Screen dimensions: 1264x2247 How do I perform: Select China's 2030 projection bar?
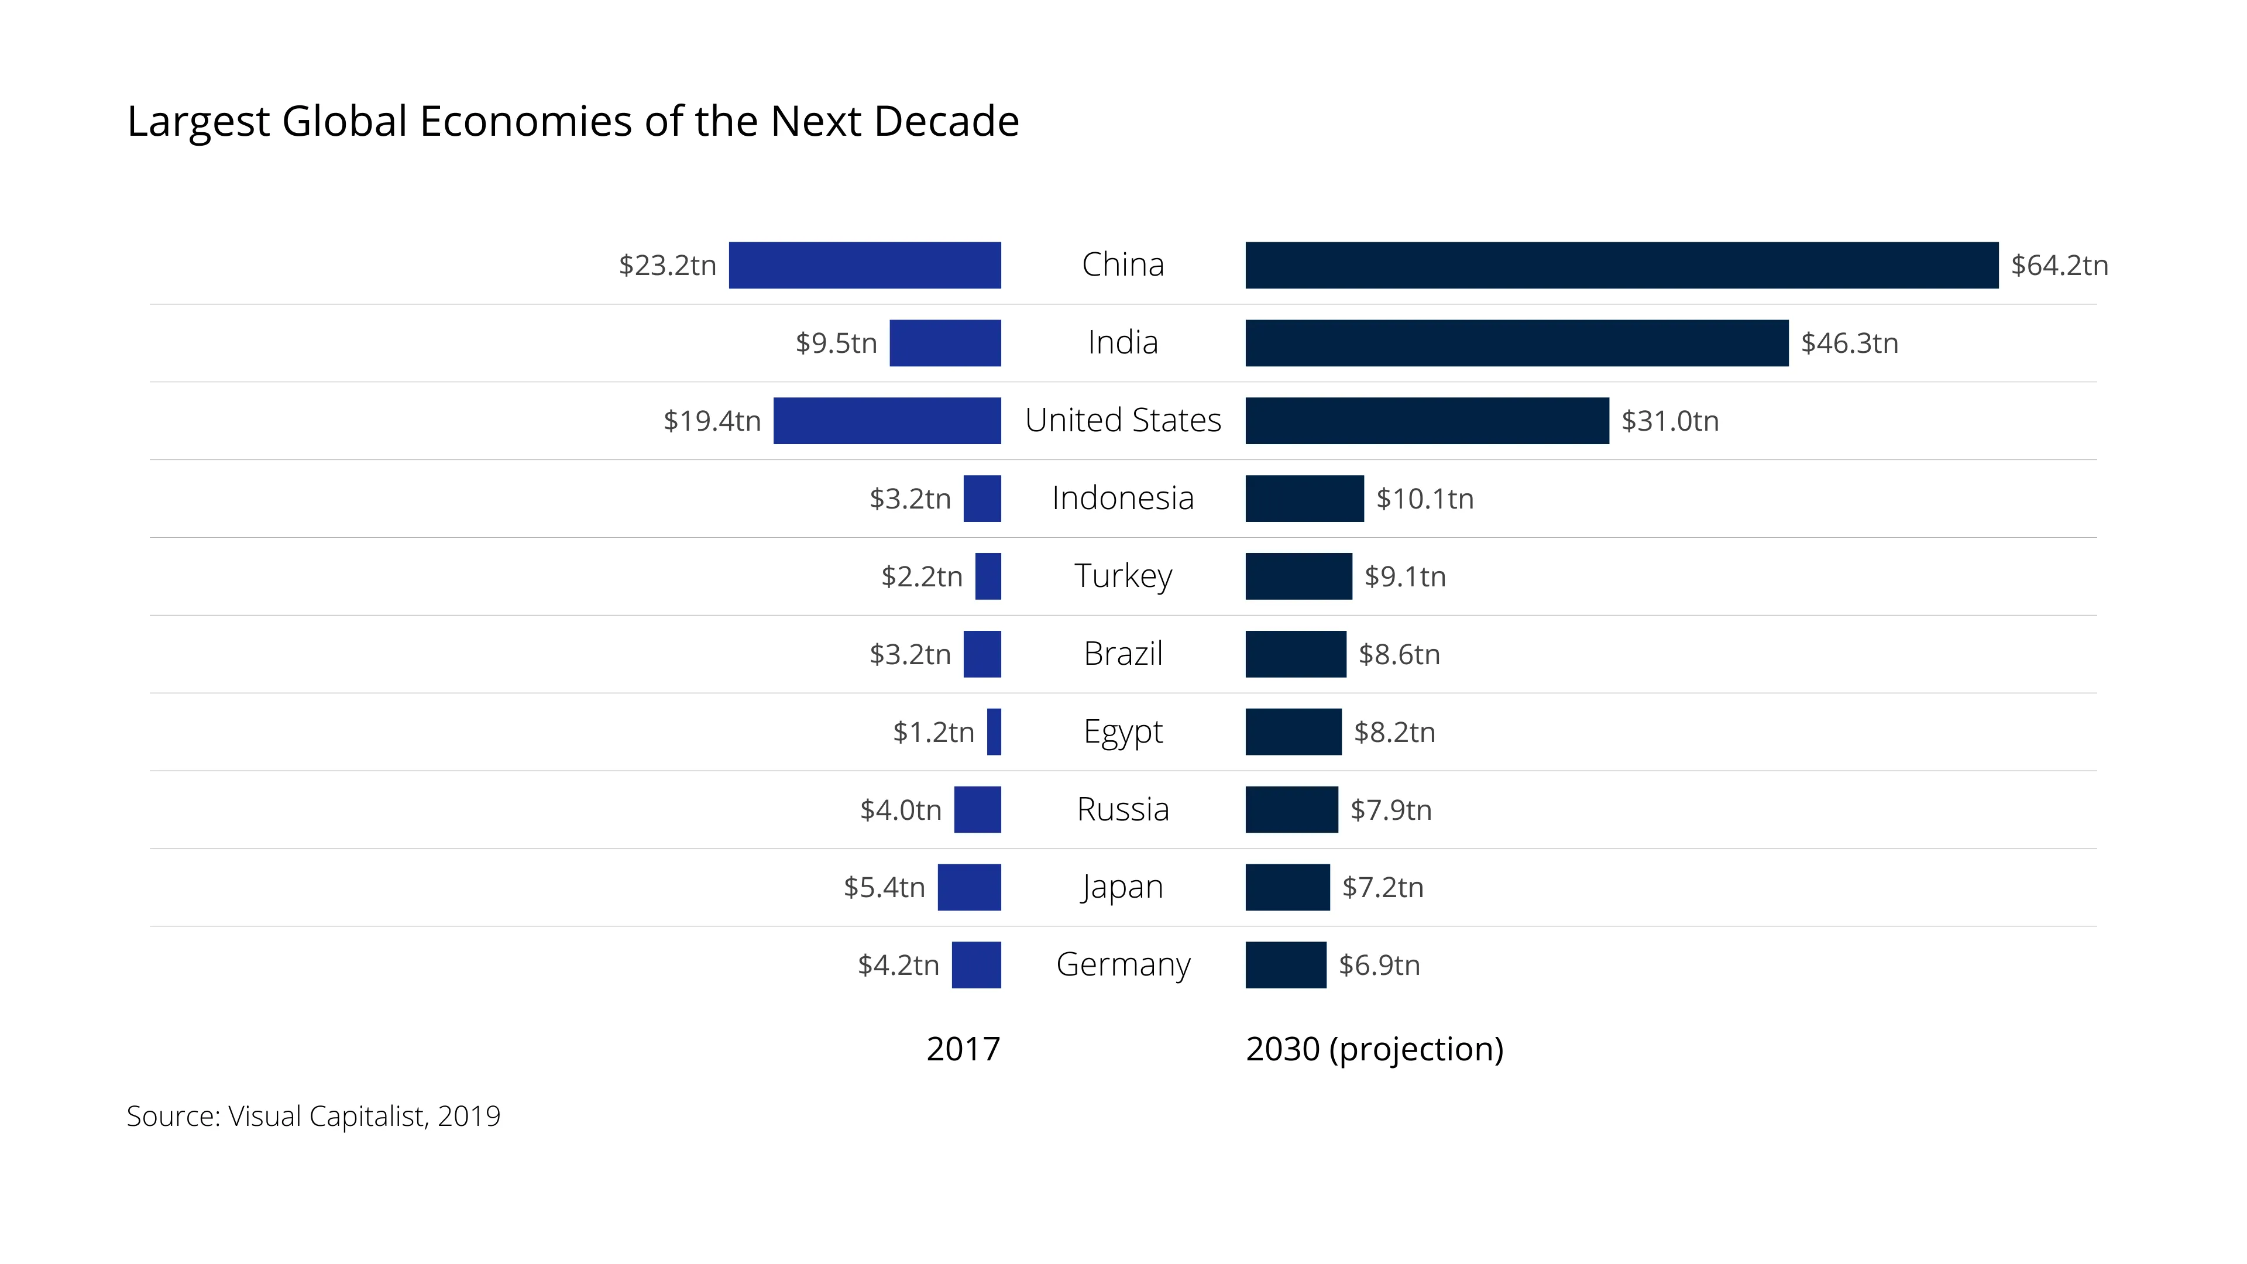click(x=1621, y=265)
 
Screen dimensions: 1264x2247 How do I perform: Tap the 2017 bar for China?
click(x=864, y=265)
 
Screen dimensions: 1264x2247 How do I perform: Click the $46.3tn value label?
click(x=1849, y=343)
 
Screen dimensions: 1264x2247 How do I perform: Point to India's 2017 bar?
click(x=944, y=343)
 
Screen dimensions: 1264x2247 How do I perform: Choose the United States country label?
click(x=1123, y=421)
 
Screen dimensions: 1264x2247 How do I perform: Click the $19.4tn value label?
click(x=712, y=421)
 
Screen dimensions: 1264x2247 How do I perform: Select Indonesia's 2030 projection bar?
click(x=1304, y=498)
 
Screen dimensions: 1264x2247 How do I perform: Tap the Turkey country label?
click(x=1123, y=576)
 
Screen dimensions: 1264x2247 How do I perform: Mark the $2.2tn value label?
click(x=921, y=576)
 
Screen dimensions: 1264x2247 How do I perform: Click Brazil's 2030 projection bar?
click(x=1296, y=654)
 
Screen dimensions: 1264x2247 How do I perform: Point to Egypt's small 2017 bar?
click(x=994, y=731)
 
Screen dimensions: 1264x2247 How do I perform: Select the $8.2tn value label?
click(x=1394, y=731)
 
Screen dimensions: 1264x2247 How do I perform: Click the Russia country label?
click(x=1123, y=809)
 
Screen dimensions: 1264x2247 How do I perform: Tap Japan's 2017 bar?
click(x=969, y=887)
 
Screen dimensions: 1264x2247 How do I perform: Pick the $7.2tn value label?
click(x=1383, y=887)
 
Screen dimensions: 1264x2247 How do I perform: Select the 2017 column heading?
click(x=963, y=1049)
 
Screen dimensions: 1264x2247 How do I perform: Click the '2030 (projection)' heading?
click(x=1374, y=1049)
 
